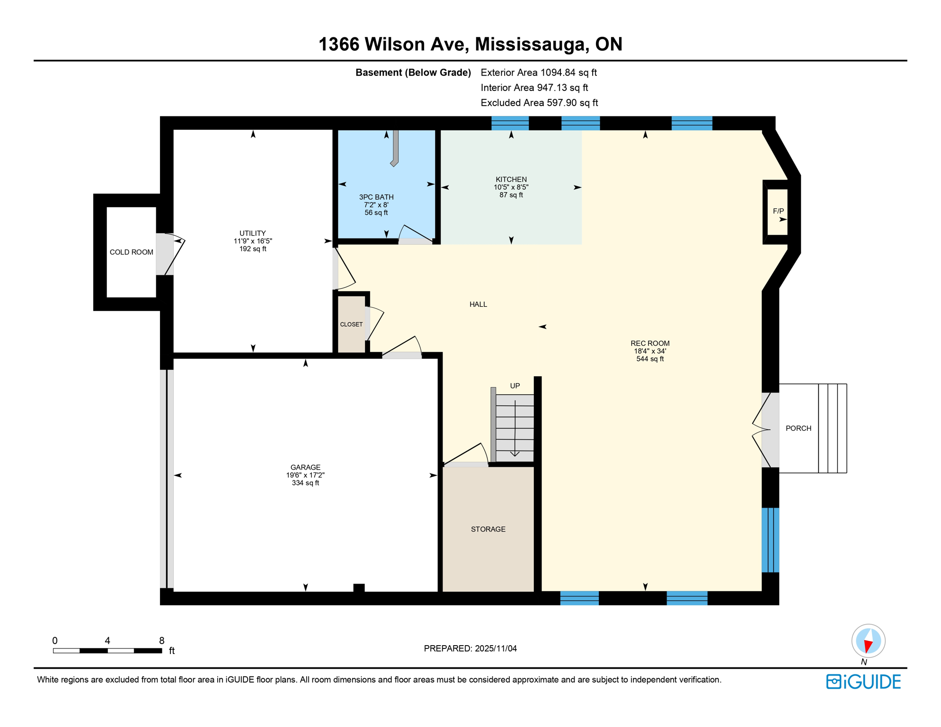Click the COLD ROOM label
[x=131, y=252]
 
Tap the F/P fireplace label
[x=778, y=211]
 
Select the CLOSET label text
[x=351, y=324]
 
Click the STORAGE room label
[x=488, y=529]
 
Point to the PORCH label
[x=798, y=428]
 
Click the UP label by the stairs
[x=515, y=386]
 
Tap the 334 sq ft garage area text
[x=305, y=483]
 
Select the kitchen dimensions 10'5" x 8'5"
[x=511, y=187]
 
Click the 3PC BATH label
[x=376, y=197]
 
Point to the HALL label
[x=478, y=304]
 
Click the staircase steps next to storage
[x=515, y=428]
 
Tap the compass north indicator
[x=868, y=642]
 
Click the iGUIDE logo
[x=863, y=682]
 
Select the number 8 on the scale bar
[x=161, y=641]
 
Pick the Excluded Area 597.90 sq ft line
[x=539, y=103]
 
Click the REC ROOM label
[x=649, y=343]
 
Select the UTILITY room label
[x=252, y=233]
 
